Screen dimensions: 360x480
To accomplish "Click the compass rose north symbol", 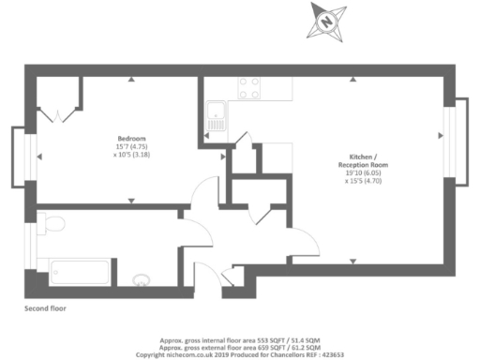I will [327, 19].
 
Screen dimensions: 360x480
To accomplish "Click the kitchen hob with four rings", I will [249, 87].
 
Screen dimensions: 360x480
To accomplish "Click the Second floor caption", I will [45, 307].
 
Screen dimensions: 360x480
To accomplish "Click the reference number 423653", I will [331, 355].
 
